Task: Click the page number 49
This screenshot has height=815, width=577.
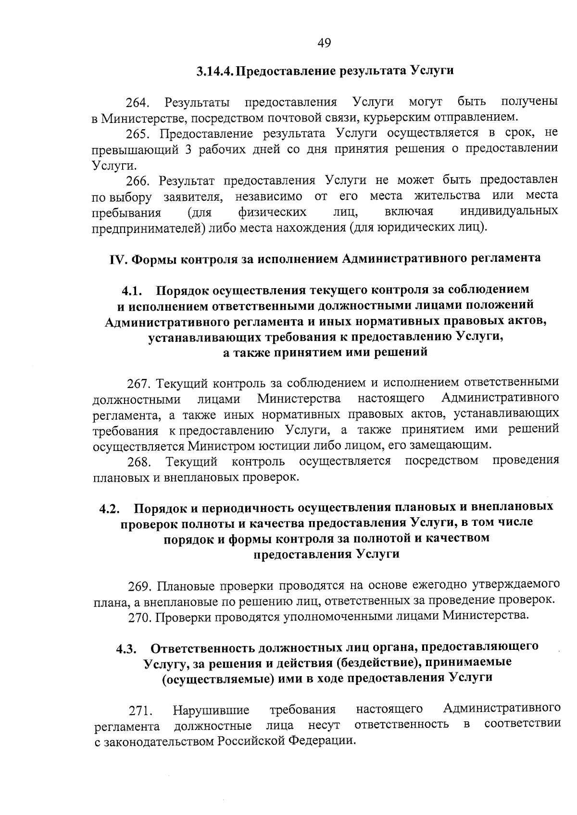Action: (x=324, y=44)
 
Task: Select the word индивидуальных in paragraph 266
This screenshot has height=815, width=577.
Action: (x=509, y=212)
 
